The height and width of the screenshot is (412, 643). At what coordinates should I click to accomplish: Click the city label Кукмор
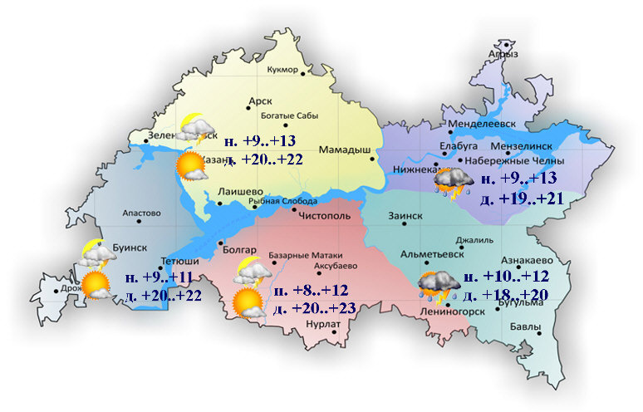282,70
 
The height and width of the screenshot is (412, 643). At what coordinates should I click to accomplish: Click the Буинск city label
129,248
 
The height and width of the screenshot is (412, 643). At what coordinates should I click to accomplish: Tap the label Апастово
140,213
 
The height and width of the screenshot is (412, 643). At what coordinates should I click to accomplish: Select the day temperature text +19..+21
524,199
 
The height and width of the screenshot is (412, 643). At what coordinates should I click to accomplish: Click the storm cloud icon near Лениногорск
438,287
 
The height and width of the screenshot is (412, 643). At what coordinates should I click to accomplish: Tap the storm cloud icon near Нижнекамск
454,183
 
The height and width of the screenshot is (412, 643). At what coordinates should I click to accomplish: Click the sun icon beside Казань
192,165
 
